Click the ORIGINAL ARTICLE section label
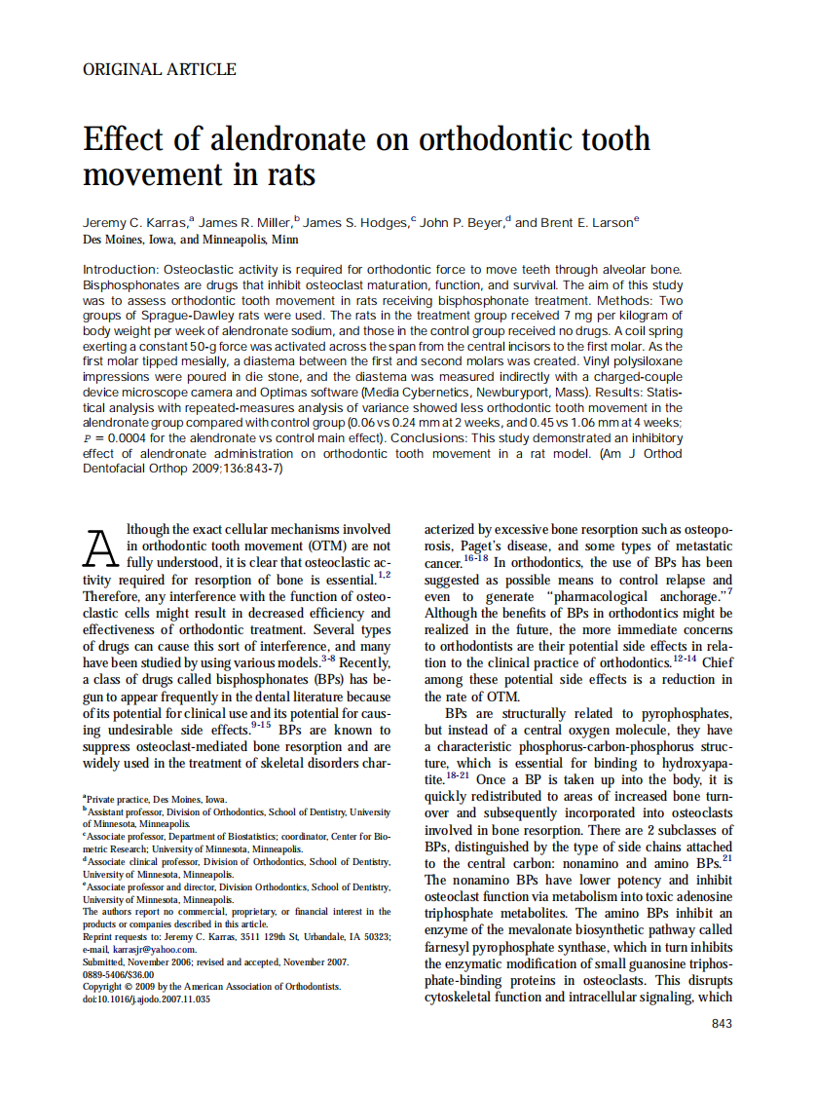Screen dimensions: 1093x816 (x=160, y=69)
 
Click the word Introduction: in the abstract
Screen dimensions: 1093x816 (x=121, y=269)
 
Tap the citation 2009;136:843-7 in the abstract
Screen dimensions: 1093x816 (x=229, y=469)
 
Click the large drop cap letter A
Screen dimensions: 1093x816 (x=102, y=549)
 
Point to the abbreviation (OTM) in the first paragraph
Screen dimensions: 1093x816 (x=311, y=546)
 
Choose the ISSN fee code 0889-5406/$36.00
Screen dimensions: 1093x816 (x=118, y=974)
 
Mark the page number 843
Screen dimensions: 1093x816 (x=722, y=1023)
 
